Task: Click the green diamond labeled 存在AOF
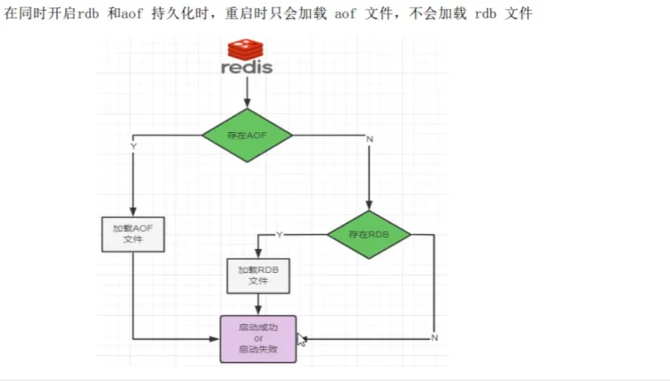coord(247,136)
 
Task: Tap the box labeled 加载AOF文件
coord(133,234)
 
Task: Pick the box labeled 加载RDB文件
coord(258,275)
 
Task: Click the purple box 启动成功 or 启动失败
coord(258,338)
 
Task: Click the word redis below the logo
coord(247,67)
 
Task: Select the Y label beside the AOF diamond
coord(134,145)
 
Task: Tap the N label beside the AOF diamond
coord(369,139)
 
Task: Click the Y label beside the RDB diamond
coord(279,235)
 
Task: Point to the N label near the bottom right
coord(434,337)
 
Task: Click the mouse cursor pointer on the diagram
coord(301,339)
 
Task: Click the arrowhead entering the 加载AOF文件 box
coord(133,211)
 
